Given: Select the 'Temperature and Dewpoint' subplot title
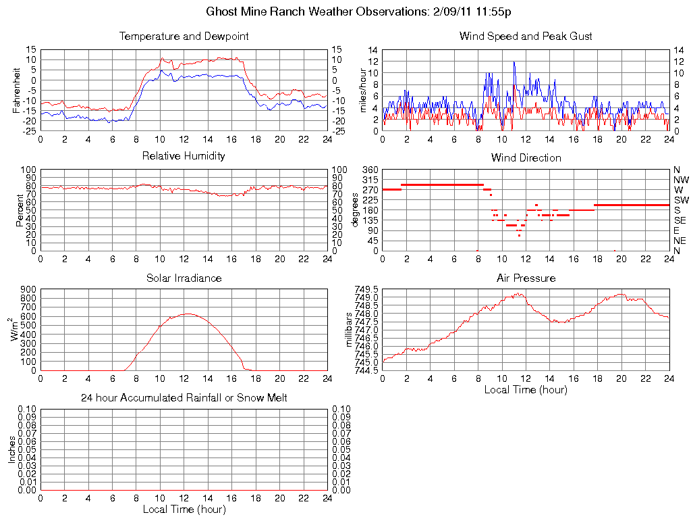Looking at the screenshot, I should coord(184,36).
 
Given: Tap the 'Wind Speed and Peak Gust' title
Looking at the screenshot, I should coord(526,36).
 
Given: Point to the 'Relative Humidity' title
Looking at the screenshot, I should coord(184,156).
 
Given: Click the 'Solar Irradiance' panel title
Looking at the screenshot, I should coord(184,278).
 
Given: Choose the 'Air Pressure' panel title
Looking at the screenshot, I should coord(526,278).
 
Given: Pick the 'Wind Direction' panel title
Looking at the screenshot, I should coord(526,157).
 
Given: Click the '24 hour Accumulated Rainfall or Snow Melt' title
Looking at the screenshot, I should coord(184,398).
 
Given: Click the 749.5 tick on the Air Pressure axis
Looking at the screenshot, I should coord(368,289).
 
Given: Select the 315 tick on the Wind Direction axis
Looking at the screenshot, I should coord(370,180).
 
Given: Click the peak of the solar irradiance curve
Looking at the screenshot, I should coord(188,314).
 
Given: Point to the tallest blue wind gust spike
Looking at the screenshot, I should coord(514,62).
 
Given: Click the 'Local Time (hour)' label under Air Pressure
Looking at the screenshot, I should coord(526,389).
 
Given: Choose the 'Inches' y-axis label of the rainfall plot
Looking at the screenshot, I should coord(12,449).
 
